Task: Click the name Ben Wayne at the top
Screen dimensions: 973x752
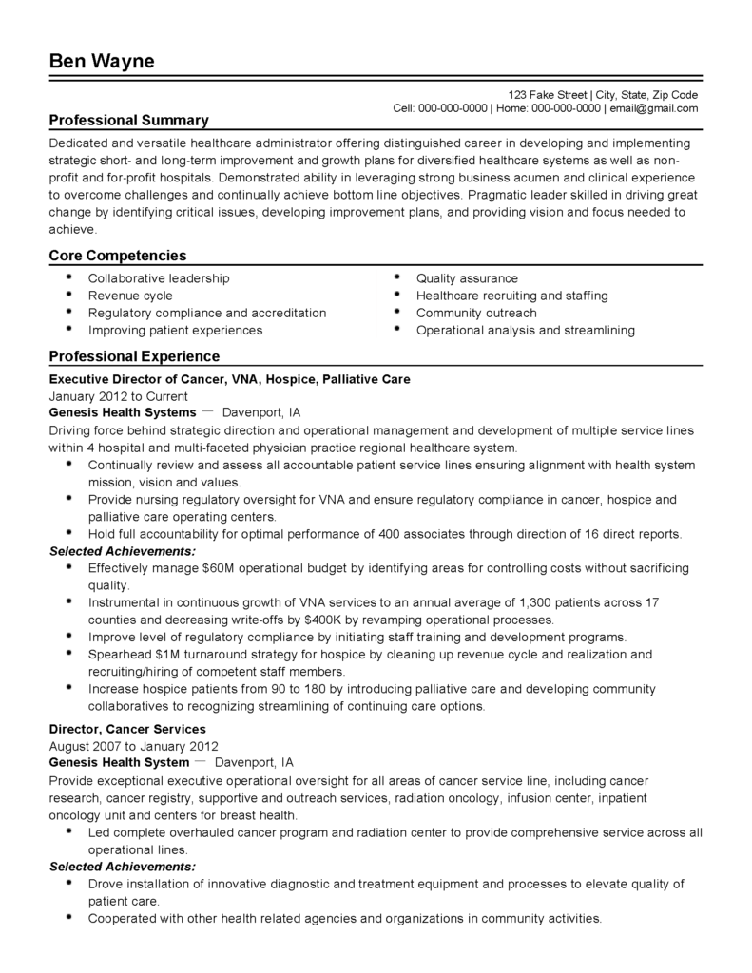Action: (x=102, y=62)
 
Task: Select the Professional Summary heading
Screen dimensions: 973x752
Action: (x=128, y=121)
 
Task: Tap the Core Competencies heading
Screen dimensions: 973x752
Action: (x=117, y=256)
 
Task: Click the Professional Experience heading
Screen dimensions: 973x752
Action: (x=134, y=356)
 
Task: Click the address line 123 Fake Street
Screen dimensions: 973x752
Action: (x=548, y=95)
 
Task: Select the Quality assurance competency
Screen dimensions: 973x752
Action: (x=467, y=278)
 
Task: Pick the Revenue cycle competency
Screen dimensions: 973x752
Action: (x=130, y=296)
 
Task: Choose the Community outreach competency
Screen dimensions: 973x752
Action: (x=476, y=313)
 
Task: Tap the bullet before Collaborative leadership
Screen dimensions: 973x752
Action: (x=69, y=277)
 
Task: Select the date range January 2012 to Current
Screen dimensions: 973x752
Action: (x=118, y=396)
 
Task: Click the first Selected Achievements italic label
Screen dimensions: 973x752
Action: (x=123, y=551)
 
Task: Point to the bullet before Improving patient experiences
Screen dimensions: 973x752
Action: (x=69, y=329)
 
